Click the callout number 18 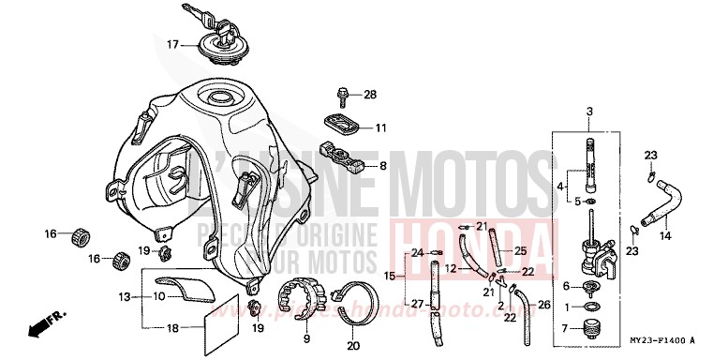pyautogui.click(x=171, y=327)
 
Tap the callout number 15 pyautogui.click(x=390, y=277)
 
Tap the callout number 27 pyautogui.click(x=416, y=303)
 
